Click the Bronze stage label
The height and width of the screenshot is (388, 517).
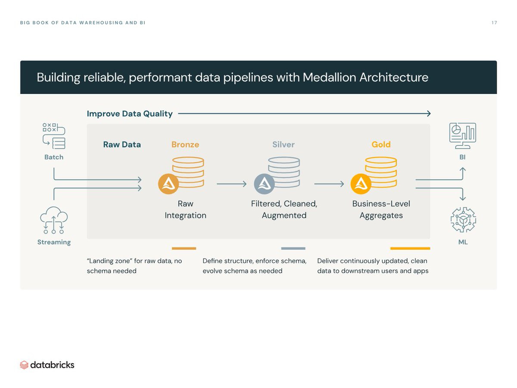click(185, 145)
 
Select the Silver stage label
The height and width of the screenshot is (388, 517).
click(283, 145)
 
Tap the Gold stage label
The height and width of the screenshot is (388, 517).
click(381, 145)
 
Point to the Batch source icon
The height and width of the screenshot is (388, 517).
click(54, 136)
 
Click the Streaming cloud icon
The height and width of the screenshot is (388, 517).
click(53, 220)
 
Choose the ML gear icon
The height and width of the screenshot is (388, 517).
click(463, 220)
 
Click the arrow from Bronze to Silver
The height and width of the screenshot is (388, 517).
click(231, 184)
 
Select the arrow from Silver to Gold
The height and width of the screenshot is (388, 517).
click(329, 184)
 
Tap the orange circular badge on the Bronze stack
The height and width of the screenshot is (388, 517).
click(168, 184)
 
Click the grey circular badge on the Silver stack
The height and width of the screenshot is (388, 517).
click(264, 184)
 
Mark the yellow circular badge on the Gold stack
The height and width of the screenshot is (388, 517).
click(361, 184)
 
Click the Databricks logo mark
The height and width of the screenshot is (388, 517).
click(24, 365)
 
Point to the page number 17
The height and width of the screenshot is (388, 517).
click(494, 23)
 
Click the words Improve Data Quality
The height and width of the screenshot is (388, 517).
click(130, 114)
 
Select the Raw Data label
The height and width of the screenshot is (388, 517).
click(122, 145)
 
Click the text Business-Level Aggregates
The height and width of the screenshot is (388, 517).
click(381, 210)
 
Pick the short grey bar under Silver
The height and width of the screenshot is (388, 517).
click(293, 248)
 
